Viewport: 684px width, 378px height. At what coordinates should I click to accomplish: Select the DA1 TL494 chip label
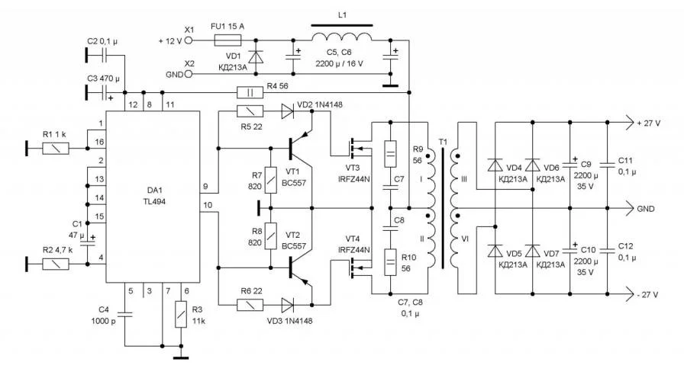tap(152, 196)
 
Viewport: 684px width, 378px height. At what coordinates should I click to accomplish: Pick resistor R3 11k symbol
tap(181, 312)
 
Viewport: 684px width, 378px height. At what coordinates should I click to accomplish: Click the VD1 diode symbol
tap(256, 57)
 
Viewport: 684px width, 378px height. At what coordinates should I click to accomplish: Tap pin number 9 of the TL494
tap(205, 185)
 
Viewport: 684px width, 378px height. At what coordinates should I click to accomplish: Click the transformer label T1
tap(443, 144)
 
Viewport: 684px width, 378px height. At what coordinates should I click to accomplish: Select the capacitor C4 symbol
tap(126, 312)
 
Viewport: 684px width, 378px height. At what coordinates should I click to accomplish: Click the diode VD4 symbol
tap(495, 165)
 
